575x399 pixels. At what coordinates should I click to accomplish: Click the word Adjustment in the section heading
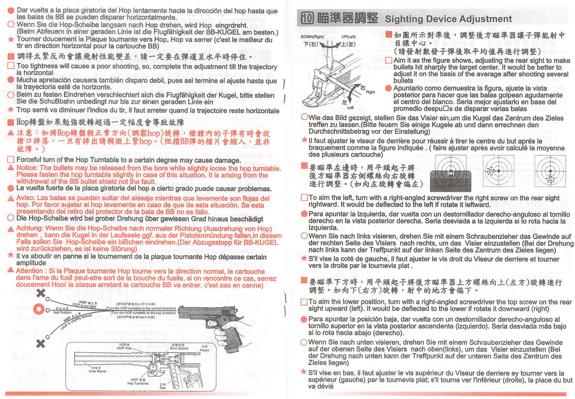pos(485,19)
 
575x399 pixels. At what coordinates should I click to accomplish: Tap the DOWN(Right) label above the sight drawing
pos(312,37)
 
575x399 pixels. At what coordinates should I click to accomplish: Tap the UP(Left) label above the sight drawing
pos(348,37)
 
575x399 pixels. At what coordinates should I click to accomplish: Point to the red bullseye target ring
pos(39,309)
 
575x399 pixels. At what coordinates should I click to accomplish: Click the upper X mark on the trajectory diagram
pos(41,293)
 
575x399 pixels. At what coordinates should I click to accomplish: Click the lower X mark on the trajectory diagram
pos(41,343)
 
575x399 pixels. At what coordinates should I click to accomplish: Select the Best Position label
pos(62,313)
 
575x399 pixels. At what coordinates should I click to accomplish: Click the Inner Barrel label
pos(97,371)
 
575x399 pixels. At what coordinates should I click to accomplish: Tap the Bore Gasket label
pos(179,348)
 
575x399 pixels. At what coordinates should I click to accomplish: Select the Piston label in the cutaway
pos(205,350)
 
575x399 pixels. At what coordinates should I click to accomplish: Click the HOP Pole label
pos(124,348)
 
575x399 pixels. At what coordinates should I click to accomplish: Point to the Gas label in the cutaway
pos(162,388)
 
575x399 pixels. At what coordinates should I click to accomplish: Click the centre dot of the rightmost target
pos(550,171)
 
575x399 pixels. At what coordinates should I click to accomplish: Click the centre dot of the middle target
pos(499,171)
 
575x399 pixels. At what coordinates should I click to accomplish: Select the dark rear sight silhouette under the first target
pos(451,181)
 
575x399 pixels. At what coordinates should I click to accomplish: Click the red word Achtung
pos(30,228)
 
